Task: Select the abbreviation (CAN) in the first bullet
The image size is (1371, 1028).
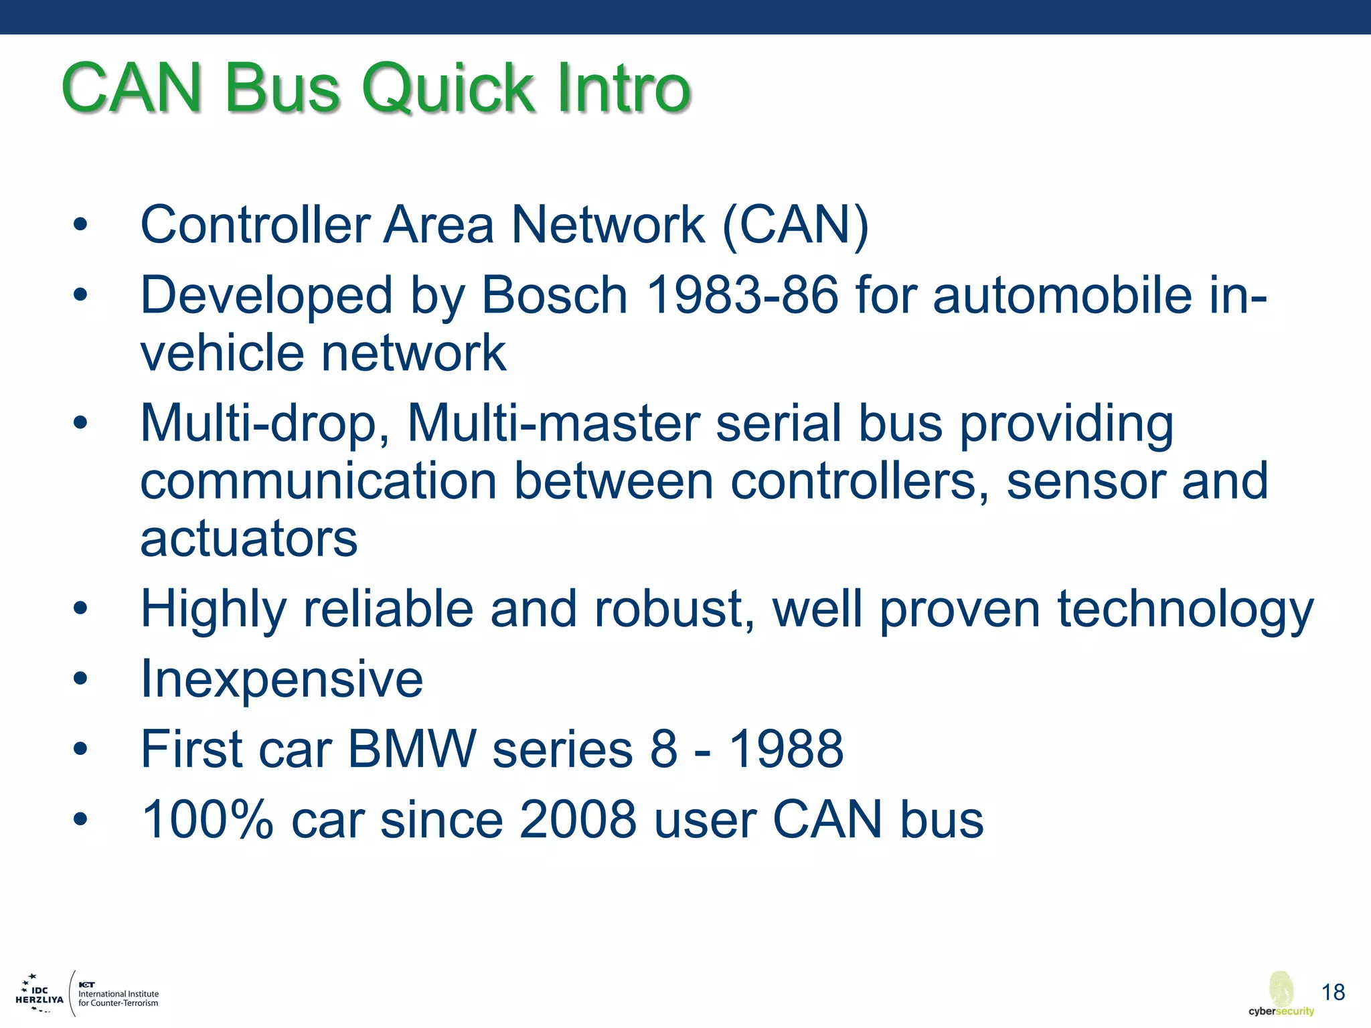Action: click(x=795, y=226)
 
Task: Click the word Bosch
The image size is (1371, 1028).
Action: click(x=554, y=296)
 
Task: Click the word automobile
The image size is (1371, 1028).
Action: click(x=1062, y=296)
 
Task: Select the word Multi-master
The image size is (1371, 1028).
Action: click(x=553, y=424)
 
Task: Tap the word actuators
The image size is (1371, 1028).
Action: click(x=248, y=539)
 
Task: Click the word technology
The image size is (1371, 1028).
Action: click(x=1185, y=610)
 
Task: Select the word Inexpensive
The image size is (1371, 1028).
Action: click(x=281, y=680)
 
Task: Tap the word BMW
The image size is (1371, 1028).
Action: click(x=412, y=750)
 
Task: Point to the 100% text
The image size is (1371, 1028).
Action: click(x=207, y=821)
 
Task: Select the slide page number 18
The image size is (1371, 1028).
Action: click(x=1333, y=992)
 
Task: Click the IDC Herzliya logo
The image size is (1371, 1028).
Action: click(x=39, y=995)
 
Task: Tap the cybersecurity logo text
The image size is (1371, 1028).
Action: click(x=1281, y=1011)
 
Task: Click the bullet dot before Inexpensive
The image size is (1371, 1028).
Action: click(x=80, y=680)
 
